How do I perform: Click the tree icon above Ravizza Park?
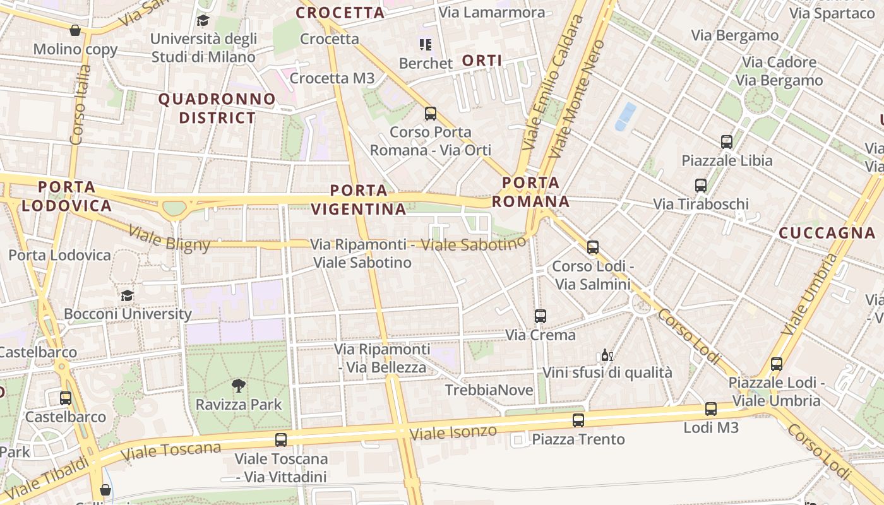239,385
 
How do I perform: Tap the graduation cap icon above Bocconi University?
127,295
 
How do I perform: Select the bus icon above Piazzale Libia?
727,142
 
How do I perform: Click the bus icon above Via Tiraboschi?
701,186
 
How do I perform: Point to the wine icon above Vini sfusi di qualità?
607,355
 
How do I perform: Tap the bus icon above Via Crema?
541,316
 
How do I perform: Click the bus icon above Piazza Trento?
578,420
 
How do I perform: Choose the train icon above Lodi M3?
711,409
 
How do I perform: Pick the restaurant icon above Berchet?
426,45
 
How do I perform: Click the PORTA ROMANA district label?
530,192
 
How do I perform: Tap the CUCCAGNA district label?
827,233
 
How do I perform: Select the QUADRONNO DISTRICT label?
217,109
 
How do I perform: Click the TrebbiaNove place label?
489,390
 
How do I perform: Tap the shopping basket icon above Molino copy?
75,30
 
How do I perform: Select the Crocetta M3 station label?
332,78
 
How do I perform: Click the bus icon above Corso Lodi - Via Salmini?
593,247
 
